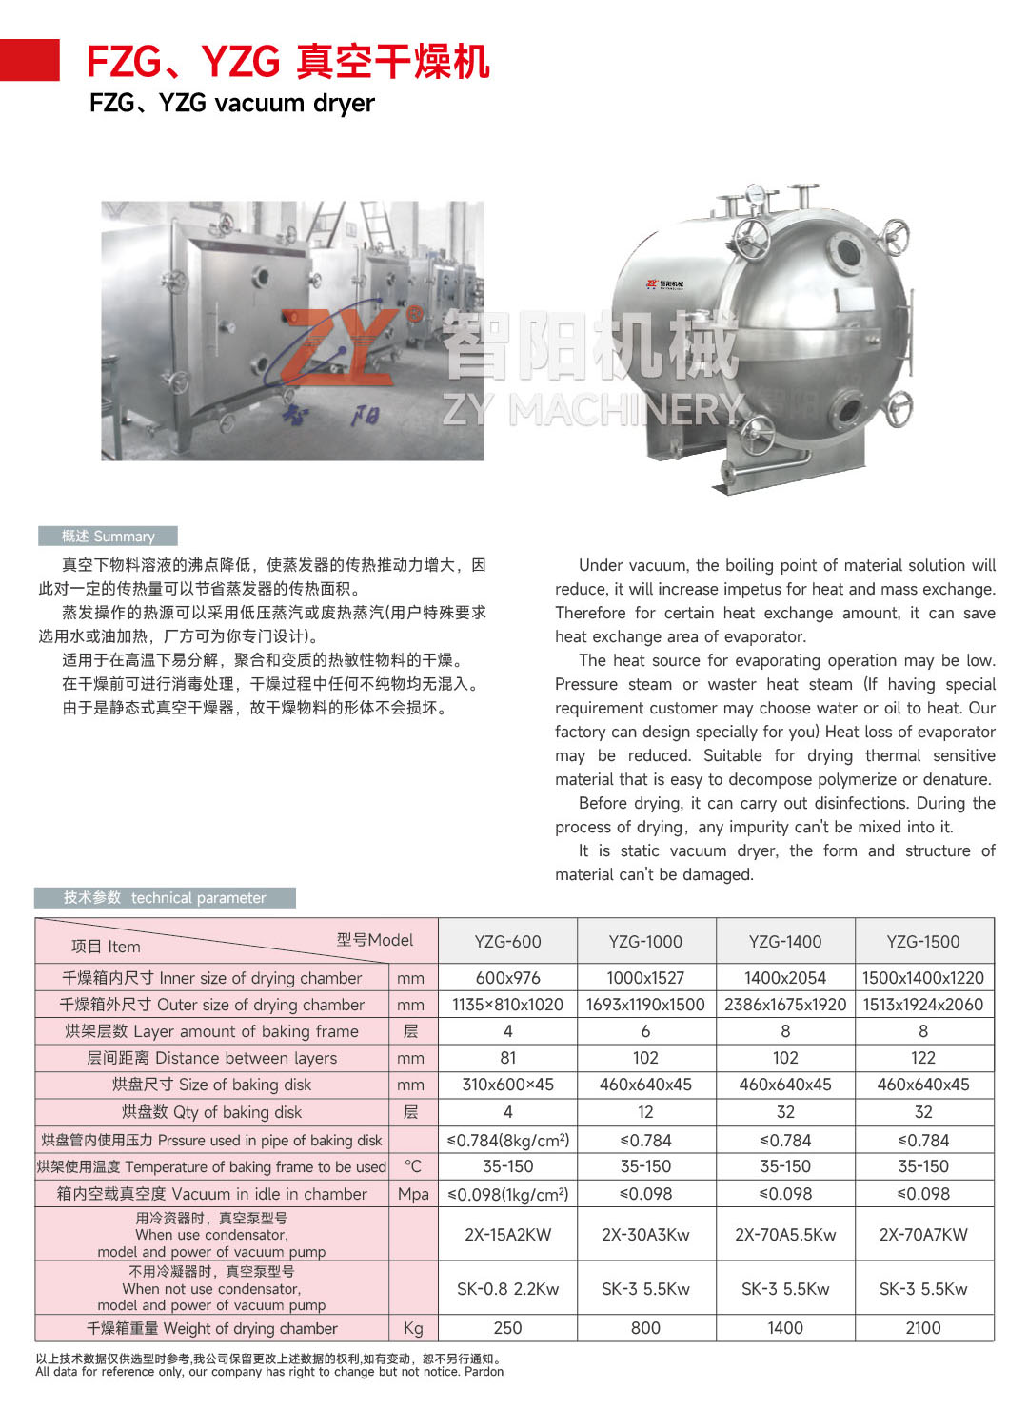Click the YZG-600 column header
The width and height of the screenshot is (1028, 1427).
pos(507,942)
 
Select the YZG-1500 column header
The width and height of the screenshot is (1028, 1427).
pos(923,942)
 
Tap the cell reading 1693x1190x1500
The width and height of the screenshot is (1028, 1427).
pos(645,1005)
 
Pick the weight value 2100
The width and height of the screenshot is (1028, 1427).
pos(923,1328)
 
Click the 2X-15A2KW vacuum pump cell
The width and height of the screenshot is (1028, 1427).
pos(507,1235)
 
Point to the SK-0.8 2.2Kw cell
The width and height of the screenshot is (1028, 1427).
pos(507,1289)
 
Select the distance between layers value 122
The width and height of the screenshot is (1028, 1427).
pos(923,1058)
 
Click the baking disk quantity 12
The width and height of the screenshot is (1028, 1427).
pos(645,1112)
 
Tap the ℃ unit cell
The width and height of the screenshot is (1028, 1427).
pos(412,1166)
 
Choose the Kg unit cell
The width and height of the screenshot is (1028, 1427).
pos(412,1328)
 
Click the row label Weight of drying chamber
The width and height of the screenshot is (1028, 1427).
pos(212,1328)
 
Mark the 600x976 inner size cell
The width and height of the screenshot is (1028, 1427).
pos(507,978)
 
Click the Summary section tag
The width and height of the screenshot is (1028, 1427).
pos(108,537)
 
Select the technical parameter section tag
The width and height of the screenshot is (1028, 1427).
pos(165,898)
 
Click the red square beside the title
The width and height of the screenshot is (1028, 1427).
pos(30,60)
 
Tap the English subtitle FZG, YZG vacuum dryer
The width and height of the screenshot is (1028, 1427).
pos(232,103)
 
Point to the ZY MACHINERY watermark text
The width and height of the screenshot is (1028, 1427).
pos(592,410)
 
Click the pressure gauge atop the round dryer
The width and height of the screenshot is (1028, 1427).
pos(757,195)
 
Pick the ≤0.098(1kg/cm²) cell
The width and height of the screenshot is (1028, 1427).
pos(507,1194)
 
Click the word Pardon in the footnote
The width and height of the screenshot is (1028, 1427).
pos(484,1372)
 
